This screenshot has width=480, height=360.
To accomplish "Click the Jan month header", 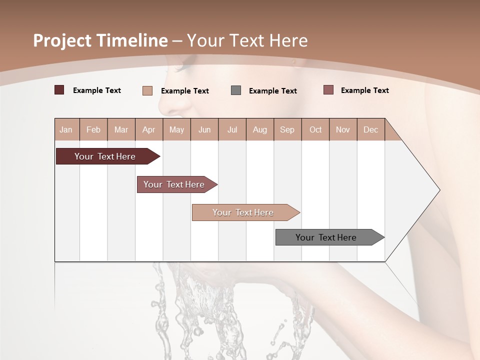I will pos(66,129).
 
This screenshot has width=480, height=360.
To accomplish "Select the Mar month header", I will pos(121,129).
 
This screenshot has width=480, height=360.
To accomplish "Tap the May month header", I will pos(176,129).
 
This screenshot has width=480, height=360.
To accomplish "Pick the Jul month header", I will pos(232,129).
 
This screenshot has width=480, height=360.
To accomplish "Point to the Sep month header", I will pos(287,129).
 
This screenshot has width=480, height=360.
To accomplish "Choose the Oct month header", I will pos(315,129).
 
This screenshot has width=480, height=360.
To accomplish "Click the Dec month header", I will pos(370,129).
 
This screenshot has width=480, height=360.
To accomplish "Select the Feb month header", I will pos(93,129).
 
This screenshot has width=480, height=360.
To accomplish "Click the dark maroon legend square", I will pos(59,90).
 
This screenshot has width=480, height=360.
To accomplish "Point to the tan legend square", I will pos(147,90).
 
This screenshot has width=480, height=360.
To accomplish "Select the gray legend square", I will pos(236,90).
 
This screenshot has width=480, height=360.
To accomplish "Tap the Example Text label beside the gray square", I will pos(272,91).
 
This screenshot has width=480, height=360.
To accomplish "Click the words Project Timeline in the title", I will pos(100,40).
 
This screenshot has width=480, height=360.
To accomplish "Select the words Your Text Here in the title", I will pos(247,40).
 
